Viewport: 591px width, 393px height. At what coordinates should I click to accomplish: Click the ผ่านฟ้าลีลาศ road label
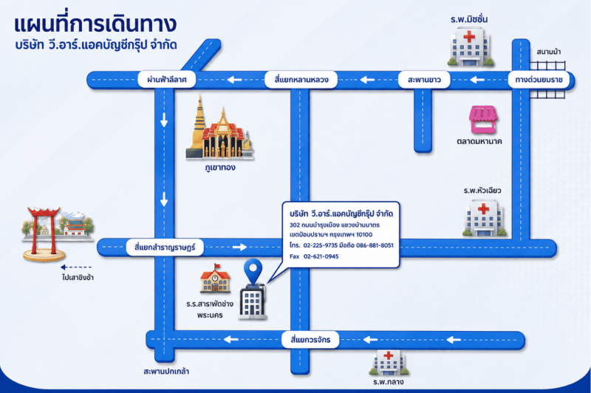(167, 80)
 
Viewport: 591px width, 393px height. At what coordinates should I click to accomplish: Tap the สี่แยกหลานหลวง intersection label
(301, 80)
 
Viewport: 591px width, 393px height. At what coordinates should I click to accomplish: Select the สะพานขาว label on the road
(424, 80)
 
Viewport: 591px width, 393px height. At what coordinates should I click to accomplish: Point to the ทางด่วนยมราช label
(539, 80)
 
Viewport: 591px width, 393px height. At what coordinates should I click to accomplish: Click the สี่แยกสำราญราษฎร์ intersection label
(165, 247)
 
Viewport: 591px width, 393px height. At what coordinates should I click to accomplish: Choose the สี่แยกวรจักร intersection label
(310, 340)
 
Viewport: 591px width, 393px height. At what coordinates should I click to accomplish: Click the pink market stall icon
(483, 120)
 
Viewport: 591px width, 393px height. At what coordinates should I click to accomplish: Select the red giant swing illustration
(43, 233)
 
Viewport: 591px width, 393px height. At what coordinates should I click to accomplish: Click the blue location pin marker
(253, 270)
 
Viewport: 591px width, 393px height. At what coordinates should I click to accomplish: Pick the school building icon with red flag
(215, 278)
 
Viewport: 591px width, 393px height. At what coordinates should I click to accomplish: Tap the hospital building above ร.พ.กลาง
(389, 363)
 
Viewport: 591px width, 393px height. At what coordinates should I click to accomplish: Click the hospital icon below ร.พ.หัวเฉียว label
(485, 218)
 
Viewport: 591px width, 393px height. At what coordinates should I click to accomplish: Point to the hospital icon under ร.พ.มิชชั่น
(470, 47)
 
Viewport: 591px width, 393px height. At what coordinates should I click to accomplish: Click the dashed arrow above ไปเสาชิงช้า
(76, 267)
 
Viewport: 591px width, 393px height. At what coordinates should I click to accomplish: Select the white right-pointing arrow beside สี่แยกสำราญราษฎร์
(239, 247)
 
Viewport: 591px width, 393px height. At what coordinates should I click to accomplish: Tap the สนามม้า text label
(548, 52)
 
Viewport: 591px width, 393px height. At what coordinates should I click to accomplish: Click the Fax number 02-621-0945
(321, 256)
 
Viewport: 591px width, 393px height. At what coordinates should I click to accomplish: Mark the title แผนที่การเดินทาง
(95, 24)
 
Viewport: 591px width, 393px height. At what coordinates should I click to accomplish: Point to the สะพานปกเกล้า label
(166, 371)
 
